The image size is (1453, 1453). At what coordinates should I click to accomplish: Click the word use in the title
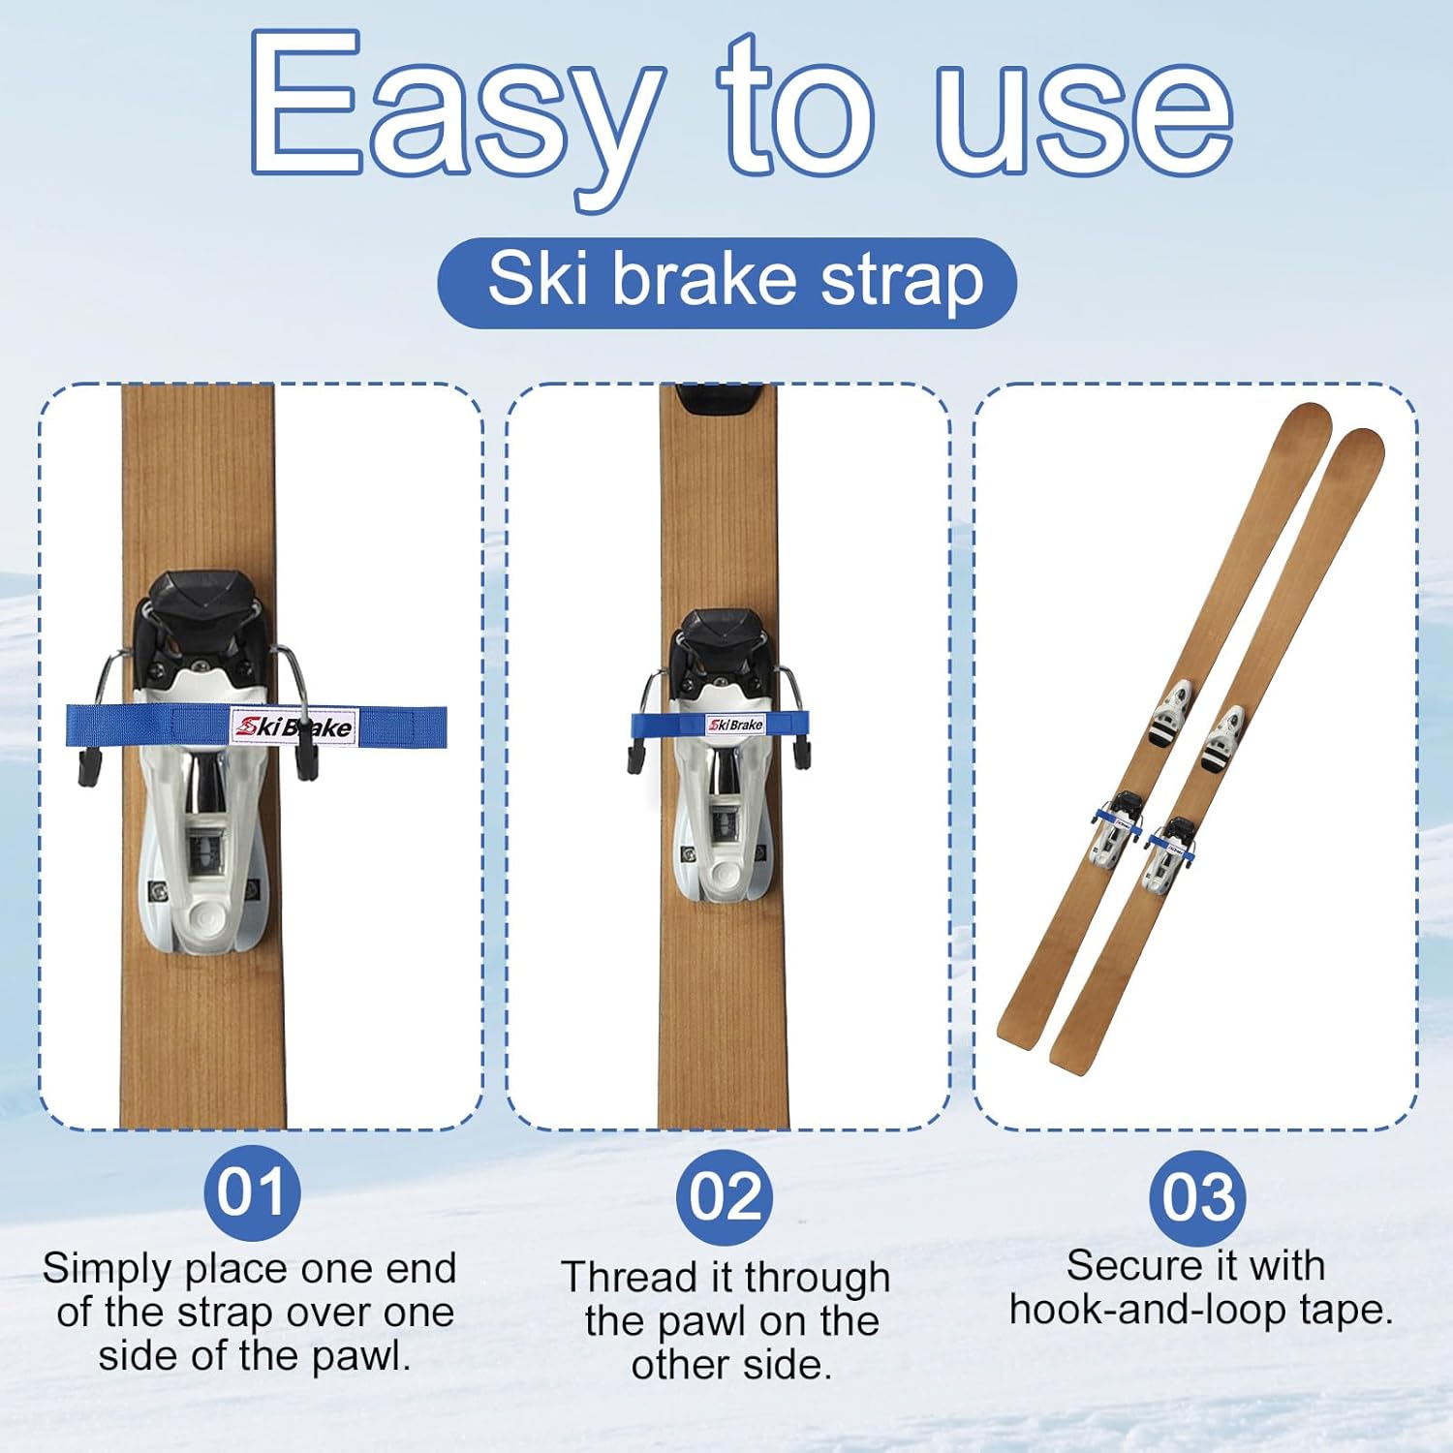[x=1085, y=111]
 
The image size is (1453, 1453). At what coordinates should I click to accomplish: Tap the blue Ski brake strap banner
[x=726, y=282]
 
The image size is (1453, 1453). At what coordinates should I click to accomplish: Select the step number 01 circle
[x=252, y=1192]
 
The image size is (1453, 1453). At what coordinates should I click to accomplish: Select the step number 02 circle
[x=725, y=1197]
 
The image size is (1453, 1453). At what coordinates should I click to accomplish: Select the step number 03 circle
[x=1197, y=1198]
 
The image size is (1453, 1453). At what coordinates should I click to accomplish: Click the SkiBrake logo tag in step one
[x=294, y=726]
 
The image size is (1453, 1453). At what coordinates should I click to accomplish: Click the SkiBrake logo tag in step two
[x=735, y=725]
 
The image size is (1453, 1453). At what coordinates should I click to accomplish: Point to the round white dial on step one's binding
[x=206, y=915]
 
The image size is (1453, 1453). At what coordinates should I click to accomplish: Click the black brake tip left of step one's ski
[x=89, y=765]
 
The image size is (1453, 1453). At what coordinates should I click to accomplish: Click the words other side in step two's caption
[x=731, y=1366]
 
